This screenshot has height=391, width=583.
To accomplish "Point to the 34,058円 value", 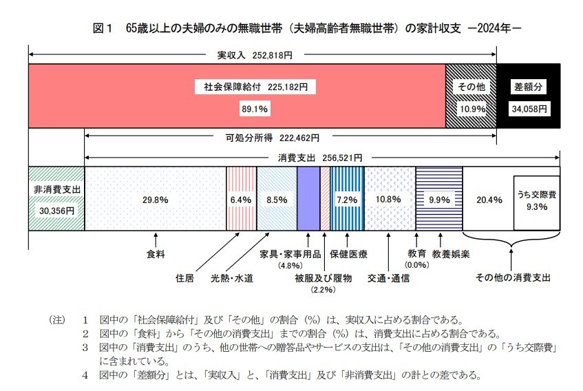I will click(x=529, y=109).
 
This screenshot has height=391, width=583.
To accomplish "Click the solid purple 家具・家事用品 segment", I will click(x=308, y=199).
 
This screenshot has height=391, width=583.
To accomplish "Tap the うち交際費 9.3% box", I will click(x=536, y=200).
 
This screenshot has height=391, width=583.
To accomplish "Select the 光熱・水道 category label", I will click(x=232, y=278).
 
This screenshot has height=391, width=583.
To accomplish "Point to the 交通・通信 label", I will click(x=389, y=278).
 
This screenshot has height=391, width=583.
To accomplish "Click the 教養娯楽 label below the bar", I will click(x=451, y=253).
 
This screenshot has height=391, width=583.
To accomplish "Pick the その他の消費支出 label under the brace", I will click(x=513, y=278).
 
